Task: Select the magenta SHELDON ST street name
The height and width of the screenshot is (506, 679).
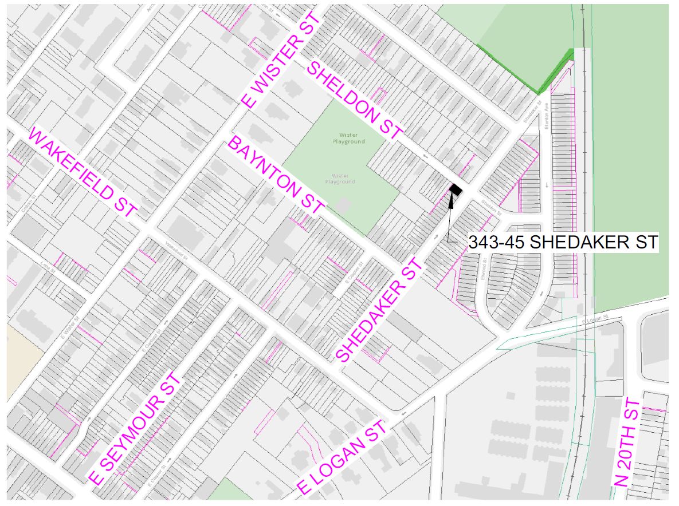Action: tap(356, 101)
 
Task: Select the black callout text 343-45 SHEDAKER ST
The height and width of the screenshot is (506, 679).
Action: tap(563, 242)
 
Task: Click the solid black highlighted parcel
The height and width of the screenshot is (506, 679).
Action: tap(456, 189)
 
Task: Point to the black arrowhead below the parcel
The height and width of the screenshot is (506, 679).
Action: tap(451, 200)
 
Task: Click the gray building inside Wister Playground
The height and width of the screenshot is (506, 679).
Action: tap(344, 205)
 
